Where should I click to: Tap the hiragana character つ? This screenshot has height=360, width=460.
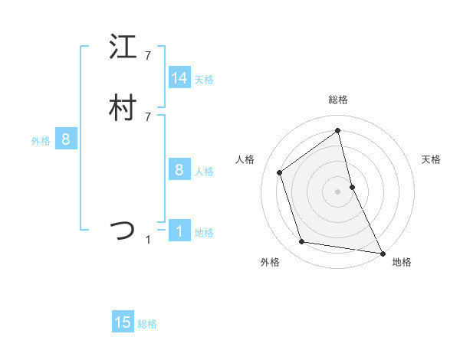coord(123,230)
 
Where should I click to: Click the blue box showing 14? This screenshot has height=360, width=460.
coord(179,78)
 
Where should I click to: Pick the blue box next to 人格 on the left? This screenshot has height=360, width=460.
coord(179,170)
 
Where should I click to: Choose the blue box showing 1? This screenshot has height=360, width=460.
coord(179,231)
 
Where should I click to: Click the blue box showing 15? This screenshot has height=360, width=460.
coord(123,322)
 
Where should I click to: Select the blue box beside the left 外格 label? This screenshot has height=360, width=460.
coord(66,139)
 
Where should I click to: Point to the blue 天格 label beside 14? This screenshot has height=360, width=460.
coord(204,79)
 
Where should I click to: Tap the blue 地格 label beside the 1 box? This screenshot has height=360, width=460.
coord(204,232)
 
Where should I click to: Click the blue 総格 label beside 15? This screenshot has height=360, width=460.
coord(147,323)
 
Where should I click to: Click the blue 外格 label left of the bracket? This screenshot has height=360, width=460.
coord(41,140)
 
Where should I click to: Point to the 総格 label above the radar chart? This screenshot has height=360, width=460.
coord(338,100)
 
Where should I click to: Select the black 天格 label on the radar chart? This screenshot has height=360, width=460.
coord(432,159)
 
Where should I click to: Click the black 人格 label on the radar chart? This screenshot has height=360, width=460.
coord(245,159)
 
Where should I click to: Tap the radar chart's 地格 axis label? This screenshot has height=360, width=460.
coord(402,262)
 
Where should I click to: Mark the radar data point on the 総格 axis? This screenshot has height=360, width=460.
coord(338,129)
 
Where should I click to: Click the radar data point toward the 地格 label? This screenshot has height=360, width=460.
coord(383,252)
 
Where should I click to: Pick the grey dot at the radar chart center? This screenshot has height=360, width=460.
coord(338,191)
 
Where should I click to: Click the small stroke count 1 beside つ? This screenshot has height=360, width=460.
coord(148,240)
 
